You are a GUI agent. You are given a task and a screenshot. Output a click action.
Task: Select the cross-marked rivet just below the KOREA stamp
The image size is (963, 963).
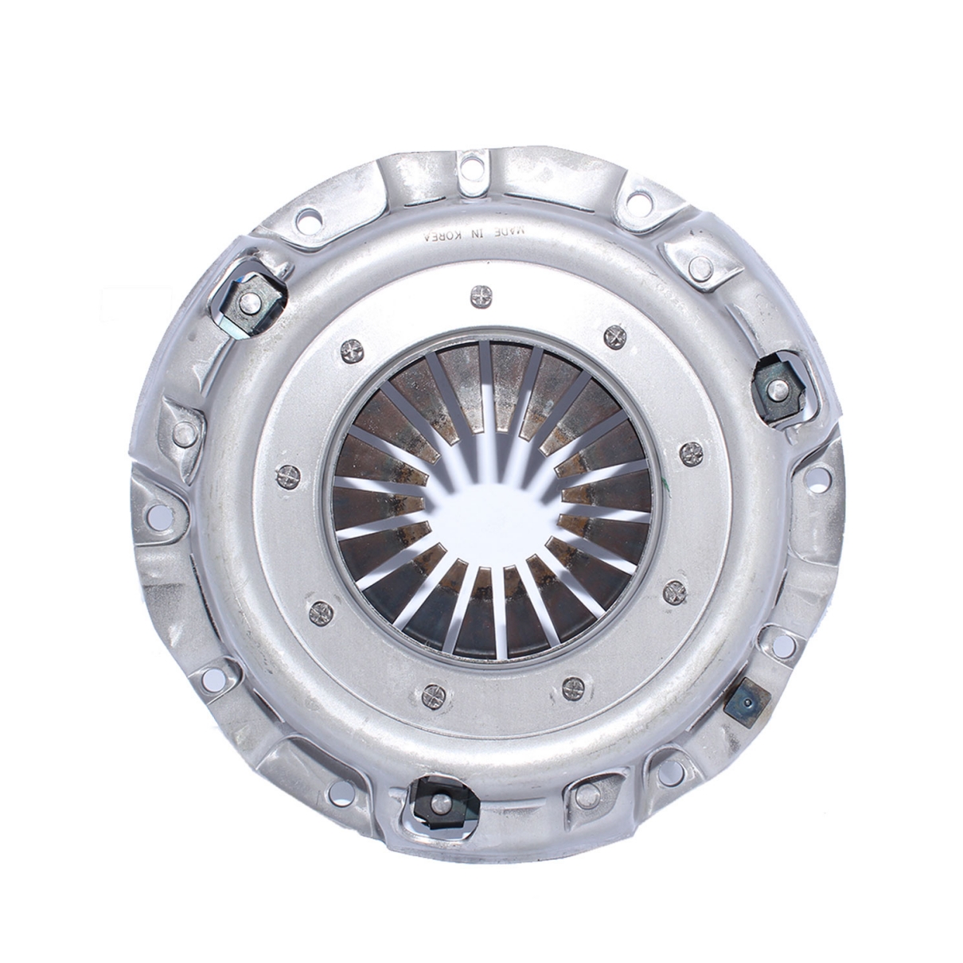481,294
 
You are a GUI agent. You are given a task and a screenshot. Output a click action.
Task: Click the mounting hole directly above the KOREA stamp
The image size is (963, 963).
469,167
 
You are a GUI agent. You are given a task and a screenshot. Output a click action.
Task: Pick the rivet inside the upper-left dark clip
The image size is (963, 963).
248,301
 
